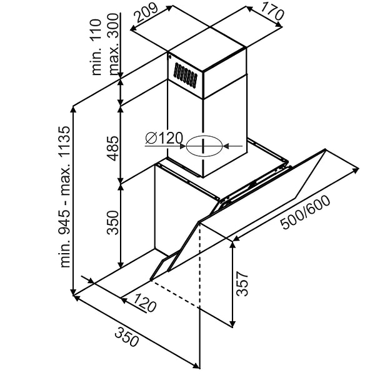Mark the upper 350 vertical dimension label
pos(113,222)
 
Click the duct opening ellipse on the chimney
pos(204,146)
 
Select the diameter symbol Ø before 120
pos(150,139)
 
